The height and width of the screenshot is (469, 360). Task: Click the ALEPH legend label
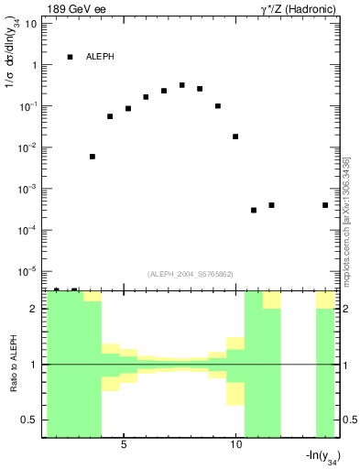100,57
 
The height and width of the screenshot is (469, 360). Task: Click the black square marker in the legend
70,57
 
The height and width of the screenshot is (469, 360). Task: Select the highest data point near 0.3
182,85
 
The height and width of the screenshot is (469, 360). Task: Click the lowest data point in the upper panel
254,211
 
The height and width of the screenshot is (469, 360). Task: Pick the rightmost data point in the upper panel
325,205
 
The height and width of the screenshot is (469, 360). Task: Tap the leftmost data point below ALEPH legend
93,157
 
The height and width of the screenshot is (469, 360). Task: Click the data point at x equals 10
235,136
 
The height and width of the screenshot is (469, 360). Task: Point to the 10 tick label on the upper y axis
31,24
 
